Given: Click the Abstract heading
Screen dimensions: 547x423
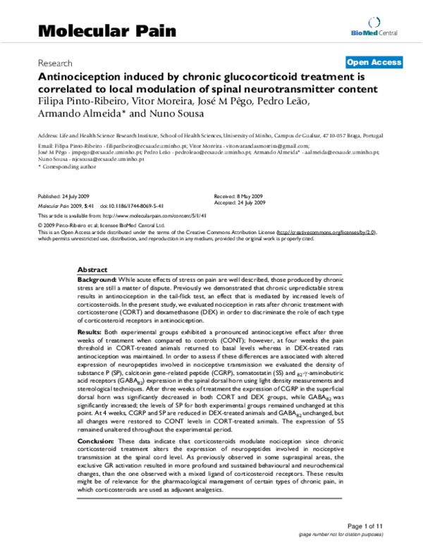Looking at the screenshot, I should (92, 270).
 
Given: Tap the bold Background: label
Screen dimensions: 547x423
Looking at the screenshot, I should (97, 280).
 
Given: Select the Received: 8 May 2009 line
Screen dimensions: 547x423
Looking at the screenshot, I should (239, 195).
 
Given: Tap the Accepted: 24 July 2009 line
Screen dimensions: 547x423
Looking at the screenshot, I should (240, 202).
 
